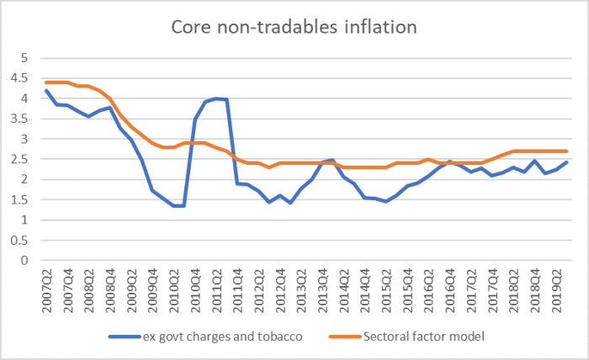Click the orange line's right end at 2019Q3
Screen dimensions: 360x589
coord(567,151)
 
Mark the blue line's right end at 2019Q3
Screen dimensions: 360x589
coord(567,162)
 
